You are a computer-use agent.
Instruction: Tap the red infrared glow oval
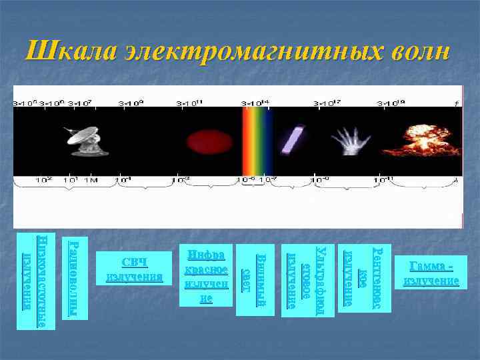pyautogui.click(x=204, y=141)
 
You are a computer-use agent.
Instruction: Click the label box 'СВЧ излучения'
pyautogui.click(x=134, y=269)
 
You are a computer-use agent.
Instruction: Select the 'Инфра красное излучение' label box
pyautogui.click(x=207, y=276)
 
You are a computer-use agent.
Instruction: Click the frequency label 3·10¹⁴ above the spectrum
pyautogui.click(x=256, y=103)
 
